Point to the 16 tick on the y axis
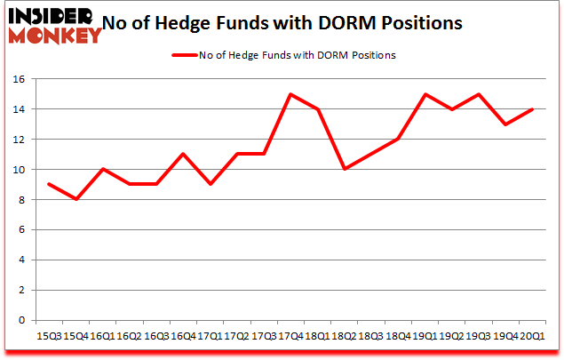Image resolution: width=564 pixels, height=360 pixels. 20,79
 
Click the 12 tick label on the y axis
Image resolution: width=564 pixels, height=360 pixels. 20,140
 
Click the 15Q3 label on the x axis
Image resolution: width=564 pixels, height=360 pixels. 48,339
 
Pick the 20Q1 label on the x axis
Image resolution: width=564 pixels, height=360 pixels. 531,339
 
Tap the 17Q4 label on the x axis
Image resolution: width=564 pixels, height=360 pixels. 290,339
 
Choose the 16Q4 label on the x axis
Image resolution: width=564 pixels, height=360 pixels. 182,339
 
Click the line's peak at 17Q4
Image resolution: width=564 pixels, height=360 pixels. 290,94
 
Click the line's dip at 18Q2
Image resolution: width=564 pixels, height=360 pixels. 344,170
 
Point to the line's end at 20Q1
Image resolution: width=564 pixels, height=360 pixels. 531,109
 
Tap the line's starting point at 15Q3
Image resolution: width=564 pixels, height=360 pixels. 48,185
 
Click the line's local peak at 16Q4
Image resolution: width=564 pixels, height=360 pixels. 182,155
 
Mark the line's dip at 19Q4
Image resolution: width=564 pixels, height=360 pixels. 504,124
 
